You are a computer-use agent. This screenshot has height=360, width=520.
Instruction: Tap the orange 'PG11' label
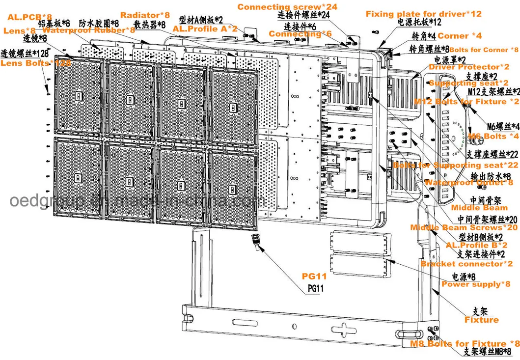pos(314,277)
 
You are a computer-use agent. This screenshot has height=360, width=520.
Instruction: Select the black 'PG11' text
pos(315,288)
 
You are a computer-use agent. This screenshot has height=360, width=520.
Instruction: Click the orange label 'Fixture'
pos(481,320)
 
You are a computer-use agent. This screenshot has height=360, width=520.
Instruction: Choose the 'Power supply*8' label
pos(475,284)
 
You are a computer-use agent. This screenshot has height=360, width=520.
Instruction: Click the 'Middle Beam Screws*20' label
pos(464,227)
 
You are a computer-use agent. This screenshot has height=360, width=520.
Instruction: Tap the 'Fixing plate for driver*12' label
pos(424,14)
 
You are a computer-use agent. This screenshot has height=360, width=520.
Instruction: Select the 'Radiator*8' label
pos(145,15)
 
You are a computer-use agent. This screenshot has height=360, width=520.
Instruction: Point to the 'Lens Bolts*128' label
pos(35,63)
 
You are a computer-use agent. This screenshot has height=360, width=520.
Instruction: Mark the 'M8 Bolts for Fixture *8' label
pos(465,343)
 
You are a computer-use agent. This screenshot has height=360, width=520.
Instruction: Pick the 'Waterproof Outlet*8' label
pos(468,182)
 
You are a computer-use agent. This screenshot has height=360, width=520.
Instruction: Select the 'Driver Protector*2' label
pos(469,67)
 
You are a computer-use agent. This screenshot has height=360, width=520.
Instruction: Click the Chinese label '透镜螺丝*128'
pos(24,53)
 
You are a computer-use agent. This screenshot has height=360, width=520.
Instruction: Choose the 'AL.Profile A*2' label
pos(205,29)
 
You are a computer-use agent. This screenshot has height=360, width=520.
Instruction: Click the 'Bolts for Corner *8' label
pos(483,50)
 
